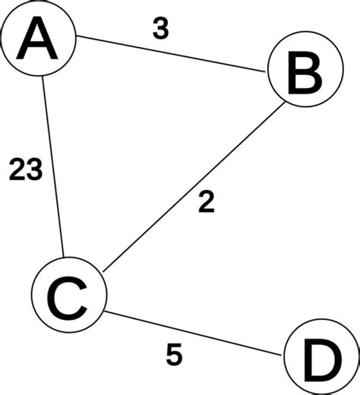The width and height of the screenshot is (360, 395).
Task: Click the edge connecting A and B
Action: coord(171,55)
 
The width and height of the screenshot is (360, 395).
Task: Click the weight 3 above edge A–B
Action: coord(160,28)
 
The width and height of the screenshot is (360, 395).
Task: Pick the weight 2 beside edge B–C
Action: coord(205,202)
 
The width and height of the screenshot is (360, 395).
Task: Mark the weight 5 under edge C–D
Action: coord(174,355)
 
